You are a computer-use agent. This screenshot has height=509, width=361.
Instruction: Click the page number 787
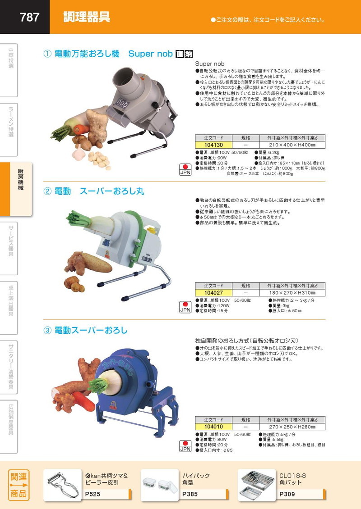[30, 17]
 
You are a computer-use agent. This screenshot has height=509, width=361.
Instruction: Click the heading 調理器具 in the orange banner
[86, 18]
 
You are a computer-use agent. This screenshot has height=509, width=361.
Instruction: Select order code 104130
[213, 145]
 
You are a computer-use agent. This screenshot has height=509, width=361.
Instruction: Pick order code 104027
[213, 292]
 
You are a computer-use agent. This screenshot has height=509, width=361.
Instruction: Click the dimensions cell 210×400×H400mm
[292, 145]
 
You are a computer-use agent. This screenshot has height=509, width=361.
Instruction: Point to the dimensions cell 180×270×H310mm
[292, 292]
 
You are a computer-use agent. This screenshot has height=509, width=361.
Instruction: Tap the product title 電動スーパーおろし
[91, 330]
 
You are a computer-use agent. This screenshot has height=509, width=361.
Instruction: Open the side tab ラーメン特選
[11, 122]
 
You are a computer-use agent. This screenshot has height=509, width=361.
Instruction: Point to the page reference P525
[93, 494]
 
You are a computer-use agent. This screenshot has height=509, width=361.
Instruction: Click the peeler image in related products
[63, 485]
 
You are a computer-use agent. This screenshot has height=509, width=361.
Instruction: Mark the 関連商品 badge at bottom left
[18, 485]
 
